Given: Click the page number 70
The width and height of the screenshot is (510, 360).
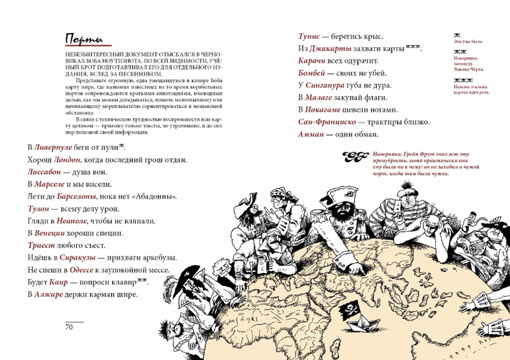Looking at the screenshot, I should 68,327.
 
